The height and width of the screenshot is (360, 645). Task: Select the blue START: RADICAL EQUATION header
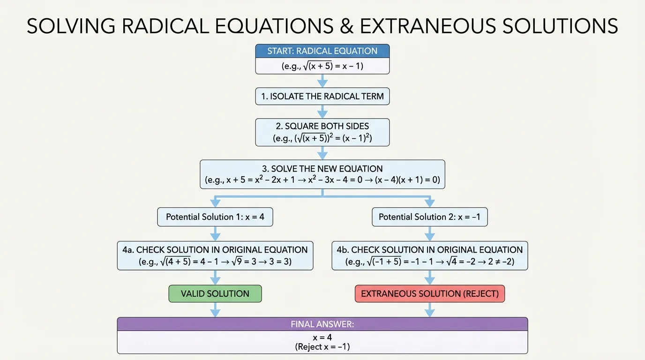click(322, 51)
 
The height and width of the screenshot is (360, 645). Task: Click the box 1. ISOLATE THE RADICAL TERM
click(322, 97)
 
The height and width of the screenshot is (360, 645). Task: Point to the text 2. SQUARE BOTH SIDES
click(322, 126)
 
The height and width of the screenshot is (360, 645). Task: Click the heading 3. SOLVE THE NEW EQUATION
click(322, 169)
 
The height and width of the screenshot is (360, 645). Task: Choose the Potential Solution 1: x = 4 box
click(215, 217)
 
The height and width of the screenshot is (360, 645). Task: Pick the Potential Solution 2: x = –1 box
click(429, 217)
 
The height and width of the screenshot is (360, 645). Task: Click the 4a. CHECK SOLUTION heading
click(215, 250)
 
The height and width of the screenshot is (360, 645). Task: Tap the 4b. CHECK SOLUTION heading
click(429, 250)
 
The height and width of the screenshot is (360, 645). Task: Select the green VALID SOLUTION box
click(215, 294)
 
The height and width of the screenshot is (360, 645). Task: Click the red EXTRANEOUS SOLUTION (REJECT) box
click(429, 294)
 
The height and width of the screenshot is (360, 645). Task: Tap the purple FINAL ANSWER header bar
click(322, 324)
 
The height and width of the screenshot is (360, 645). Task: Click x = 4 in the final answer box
click(322, 337)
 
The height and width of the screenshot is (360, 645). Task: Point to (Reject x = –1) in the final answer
click(322, 347)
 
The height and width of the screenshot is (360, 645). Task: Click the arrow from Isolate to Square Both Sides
click(322, 112)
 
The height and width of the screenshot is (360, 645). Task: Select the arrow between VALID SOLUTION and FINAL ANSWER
click(215, 309)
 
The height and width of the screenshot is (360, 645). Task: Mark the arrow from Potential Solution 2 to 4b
click(429, 233)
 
